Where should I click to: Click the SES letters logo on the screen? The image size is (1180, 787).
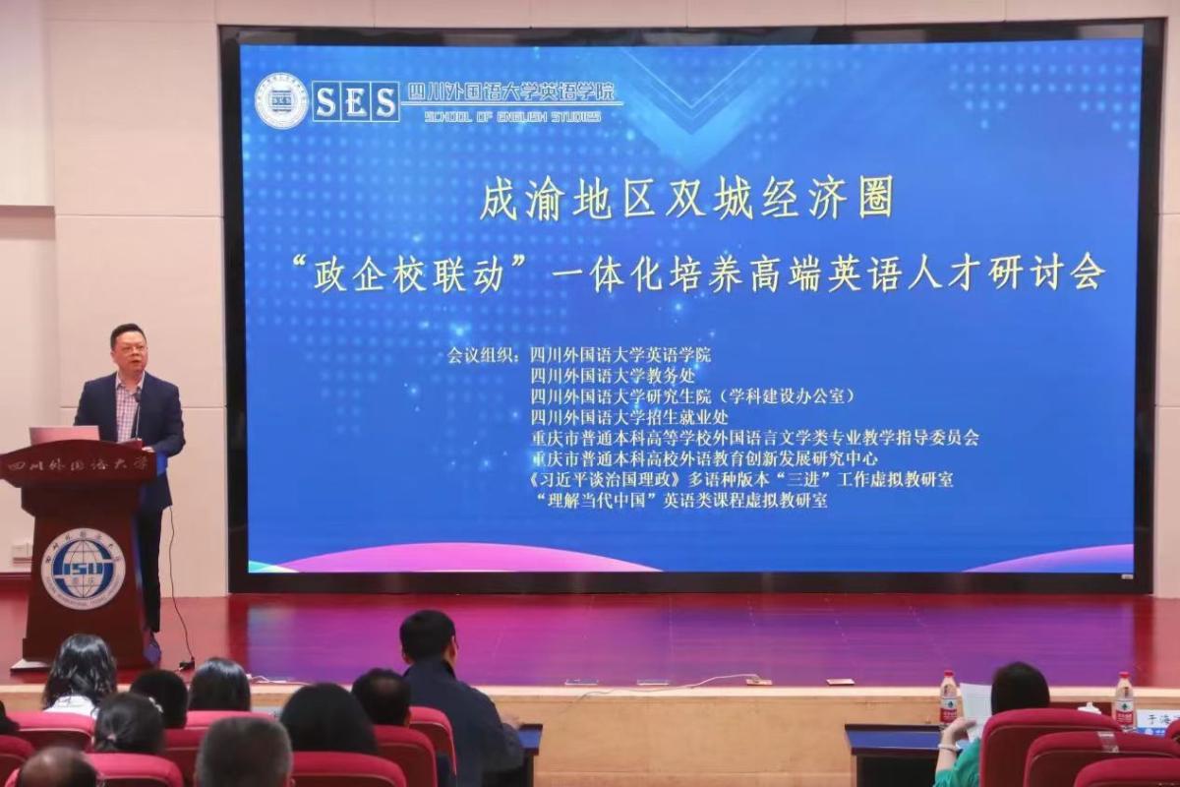(x=355, y=100)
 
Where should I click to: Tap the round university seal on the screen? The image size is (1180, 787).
(x=281, y=100)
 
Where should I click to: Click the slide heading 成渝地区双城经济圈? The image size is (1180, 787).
(x=685, y=200)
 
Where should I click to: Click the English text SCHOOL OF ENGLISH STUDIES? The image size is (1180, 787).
(x=511, y=116)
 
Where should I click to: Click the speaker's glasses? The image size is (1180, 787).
(x=131, y=347)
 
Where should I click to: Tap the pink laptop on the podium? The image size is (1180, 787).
(x=65, y=434)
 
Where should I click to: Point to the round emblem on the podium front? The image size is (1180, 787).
(x=83, y=568)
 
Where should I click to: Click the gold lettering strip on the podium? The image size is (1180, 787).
(x=78, y=462)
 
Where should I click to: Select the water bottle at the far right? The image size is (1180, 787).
(x=1123, y=699)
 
